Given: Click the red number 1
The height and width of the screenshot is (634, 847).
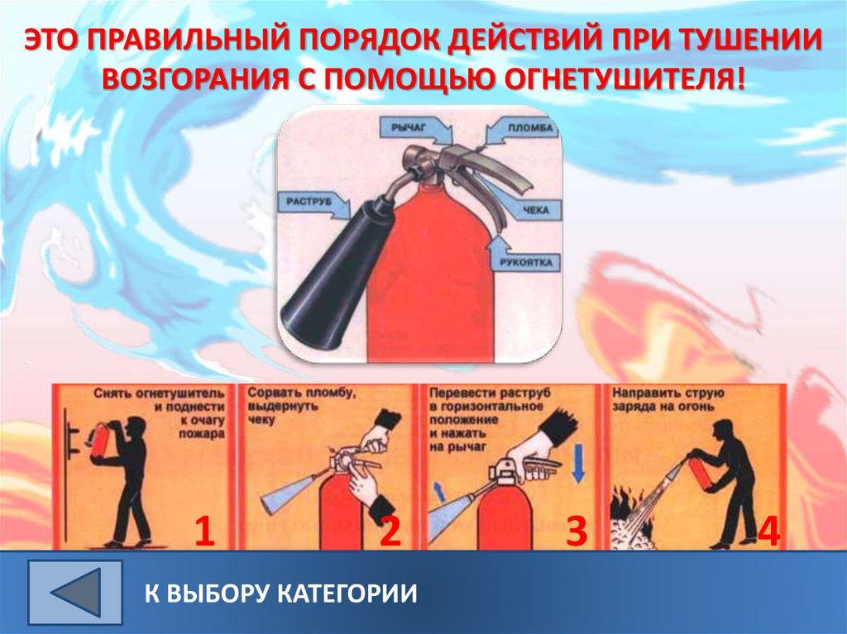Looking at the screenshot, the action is click(x=204, y=532).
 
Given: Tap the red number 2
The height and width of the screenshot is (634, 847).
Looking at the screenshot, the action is click(x=390, y=532).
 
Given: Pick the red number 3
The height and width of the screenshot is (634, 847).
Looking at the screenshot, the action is click(x=577, y=532).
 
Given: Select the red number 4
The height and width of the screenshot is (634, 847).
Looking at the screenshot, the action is click(x=768, y=532).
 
